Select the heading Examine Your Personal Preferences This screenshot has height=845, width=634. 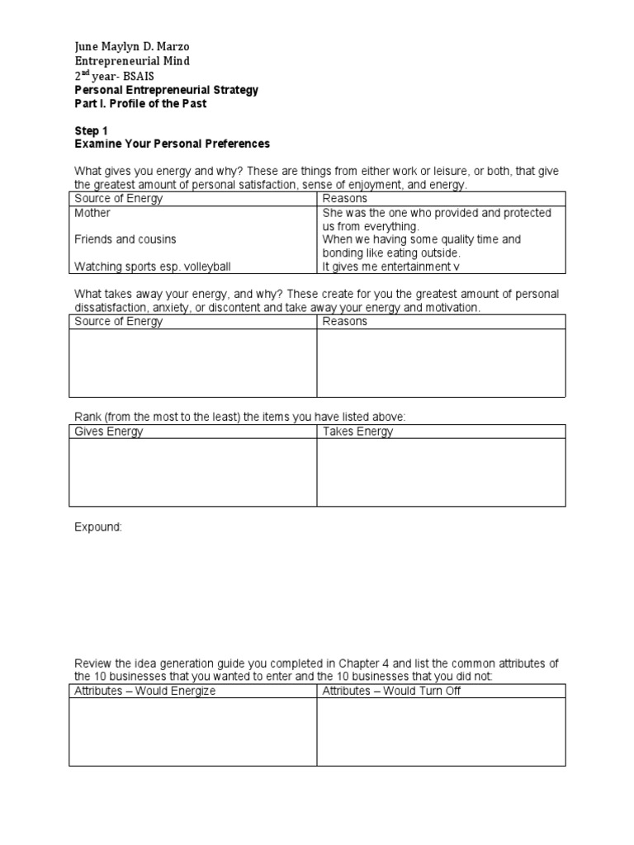(172, 144)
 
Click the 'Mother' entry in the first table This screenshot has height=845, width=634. (92, 213)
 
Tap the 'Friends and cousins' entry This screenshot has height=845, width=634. (125, 239)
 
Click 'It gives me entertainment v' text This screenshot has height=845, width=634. (390, 267)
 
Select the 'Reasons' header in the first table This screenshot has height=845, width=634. (345, 199)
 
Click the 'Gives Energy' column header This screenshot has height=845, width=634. (109, 432)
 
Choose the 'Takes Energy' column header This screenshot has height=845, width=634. (357, 432)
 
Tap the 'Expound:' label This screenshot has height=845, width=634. (98, 527)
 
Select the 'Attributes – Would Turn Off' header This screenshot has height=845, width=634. (391, 691)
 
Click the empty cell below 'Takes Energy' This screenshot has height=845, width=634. (441, 471)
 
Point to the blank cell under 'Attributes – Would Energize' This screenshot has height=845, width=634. (192, 731)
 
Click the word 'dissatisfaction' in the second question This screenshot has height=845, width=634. (111, 308)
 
